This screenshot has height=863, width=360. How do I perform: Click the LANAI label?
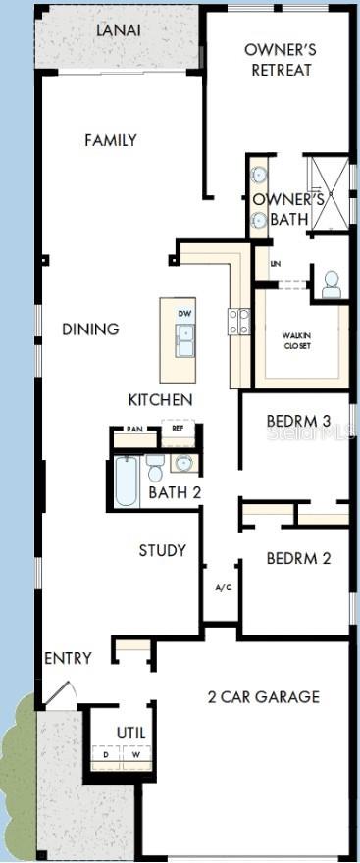click(119, 30)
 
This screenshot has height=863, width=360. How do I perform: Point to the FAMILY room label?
click(111, 141)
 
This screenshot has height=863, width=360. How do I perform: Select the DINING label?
click(90, 330)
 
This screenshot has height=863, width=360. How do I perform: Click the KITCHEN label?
click(160, 400)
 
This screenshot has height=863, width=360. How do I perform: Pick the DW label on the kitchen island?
click(184, 314)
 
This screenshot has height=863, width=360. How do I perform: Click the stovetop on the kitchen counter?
click(239, 322)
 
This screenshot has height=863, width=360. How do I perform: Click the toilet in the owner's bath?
click(332, 284)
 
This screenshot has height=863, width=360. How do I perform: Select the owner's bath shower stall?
click(329, 193)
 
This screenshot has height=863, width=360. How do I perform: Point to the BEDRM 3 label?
click(298, 422)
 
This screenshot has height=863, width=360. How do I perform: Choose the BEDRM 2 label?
click(298, 559)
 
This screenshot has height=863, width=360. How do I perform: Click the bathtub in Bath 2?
click(127, 482)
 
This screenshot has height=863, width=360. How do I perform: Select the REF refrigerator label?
click(178, 429)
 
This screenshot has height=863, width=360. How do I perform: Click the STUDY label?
click(162, 550)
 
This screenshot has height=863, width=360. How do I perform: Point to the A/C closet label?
click(223, 587)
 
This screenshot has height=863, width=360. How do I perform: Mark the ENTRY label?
click(68, 658)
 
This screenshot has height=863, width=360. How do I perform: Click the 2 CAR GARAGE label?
click(264, 697)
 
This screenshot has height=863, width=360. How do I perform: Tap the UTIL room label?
click(130, 733)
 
